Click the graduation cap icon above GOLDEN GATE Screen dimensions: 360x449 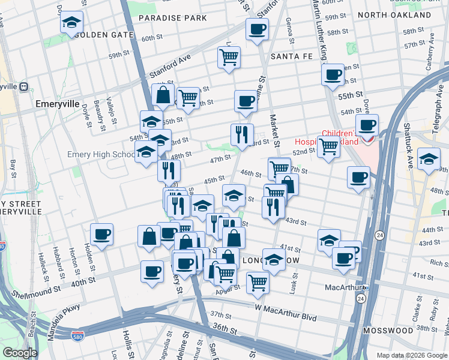point(71,23)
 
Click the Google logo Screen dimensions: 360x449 point(20,353)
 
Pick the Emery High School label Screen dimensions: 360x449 point(101,154)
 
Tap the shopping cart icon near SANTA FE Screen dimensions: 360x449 point(229,58)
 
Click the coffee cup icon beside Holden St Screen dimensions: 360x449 point(101,234)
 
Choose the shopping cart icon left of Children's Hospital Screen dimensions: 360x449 point(328,146)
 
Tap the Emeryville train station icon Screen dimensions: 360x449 point(24,86)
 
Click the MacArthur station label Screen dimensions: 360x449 point(342,287)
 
